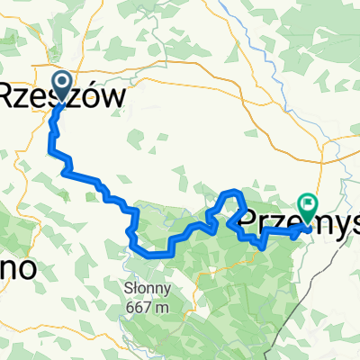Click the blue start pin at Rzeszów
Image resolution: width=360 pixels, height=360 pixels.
pyautogui.click(x=63, y=86)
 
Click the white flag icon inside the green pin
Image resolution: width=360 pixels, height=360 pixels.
pyautogui.click(x=309, y=203)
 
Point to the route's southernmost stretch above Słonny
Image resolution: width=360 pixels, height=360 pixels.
pyautogui.click(x=153, y=255)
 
